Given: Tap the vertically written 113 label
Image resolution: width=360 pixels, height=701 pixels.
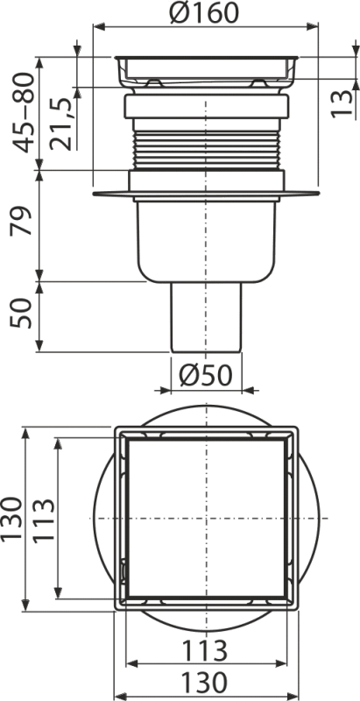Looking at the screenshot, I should coord(41,520).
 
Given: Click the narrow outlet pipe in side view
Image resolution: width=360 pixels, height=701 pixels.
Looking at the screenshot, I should coord(208,320).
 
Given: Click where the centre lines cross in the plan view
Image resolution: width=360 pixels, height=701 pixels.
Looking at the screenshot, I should coord(207,520).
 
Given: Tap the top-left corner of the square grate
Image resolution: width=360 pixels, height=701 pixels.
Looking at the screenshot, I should coord(116,429).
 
